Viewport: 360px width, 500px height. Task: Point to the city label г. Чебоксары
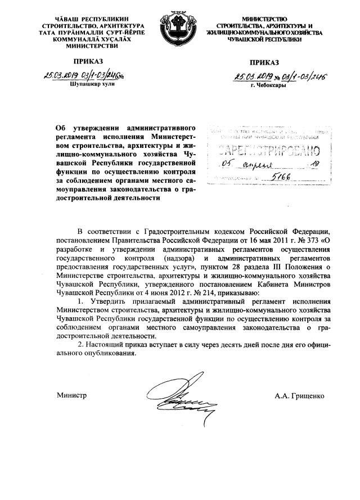[269, 86]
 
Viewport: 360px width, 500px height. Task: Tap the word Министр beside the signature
[71, 396]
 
